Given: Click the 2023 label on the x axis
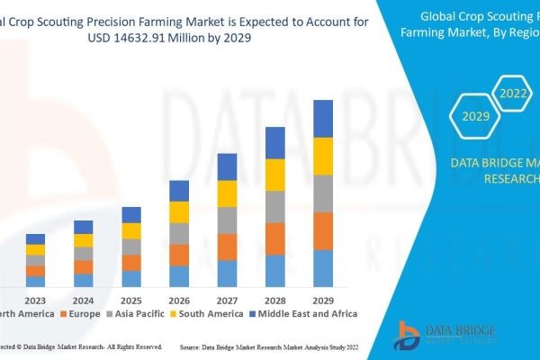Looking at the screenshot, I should (x=35, y=300).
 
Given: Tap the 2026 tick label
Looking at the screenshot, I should (x=179, y=300).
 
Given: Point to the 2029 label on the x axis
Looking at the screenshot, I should (x=323, y=300).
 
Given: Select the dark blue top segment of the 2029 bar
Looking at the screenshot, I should (x=323, y=118).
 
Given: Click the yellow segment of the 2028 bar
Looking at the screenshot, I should (x=275, y=175).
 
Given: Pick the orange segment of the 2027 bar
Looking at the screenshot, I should (x=228, y=247).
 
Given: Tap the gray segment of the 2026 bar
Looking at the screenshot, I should (x=179, y=233).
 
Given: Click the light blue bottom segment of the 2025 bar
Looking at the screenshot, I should (x=131, y=278).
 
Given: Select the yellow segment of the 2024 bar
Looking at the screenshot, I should (x=84, y=240).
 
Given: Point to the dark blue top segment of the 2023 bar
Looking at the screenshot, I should (x=35, y=238).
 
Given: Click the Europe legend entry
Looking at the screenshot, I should (x=82, y=314).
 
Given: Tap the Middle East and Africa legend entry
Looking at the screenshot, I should (x=307, y=314).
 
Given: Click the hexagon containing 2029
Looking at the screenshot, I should (x=474, y=115).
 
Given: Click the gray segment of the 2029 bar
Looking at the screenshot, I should (x=323, y=193).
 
